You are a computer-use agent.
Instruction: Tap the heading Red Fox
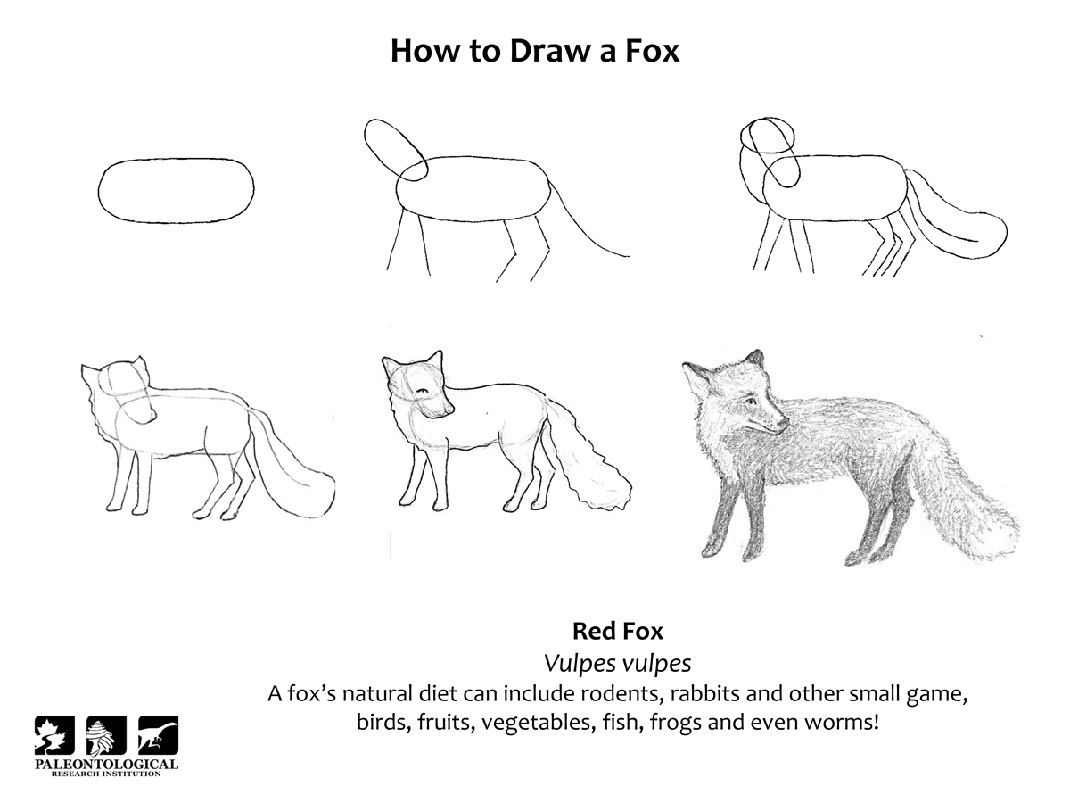click(x=617, y=631)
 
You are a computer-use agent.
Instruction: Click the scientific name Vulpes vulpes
click(x=617, y=663)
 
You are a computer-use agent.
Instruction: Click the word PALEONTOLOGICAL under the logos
click(x=106, y=764)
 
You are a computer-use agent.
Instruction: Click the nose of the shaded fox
click(x=783, y=423)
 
